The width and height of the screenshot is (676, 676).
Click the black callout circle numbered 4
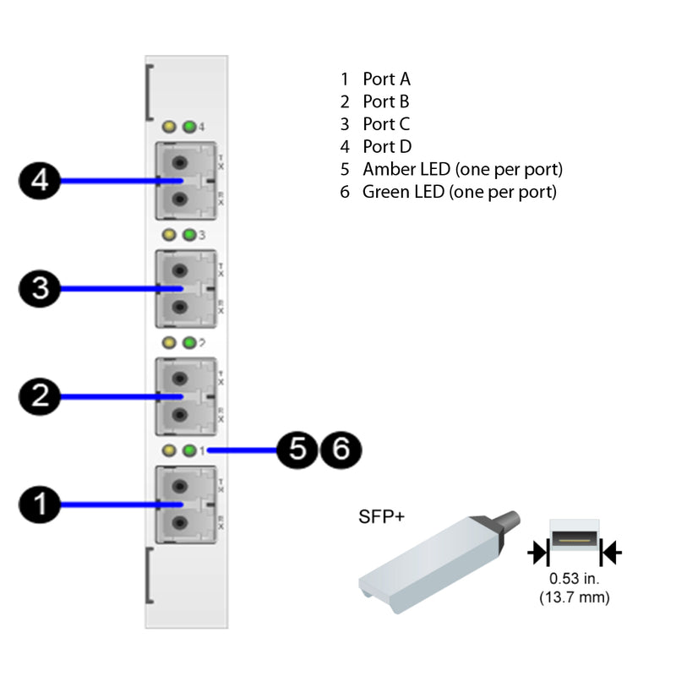(40, 181)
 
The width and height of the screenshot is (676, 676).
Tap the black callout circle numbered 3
(40, 289)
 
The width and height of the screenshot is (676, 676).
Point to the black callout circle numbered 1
(40, 504)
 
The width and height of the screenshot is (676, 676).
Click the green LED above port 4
(189, 128)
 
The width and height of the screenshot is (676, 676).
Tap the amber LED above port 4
(170, 128)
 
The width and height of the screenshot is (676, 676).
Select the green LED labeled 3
(189, 235)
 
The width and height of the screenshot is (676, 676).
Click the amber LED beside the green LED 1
(170, 450)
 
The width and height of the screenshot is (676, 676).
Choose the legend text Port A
(386, 79)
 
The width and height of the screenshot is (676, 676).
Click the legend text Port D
(387, 146)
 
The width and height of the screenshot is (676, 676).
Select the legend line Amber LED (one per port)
(462, 169)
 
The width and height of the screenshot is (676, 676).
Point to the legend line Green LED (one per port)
(460, 192)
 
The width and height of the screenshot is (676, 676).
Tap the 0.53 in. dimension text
(575, 580)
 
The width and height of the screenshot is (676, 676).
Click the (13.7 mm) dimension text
(575, 597)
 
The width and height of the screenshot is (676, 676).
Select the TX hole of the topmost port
(179, 162)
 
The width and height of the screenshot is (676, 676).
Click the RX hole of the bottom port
(179, 523)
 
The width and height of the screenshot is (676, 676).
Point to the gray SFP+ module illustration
(431, 558)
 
